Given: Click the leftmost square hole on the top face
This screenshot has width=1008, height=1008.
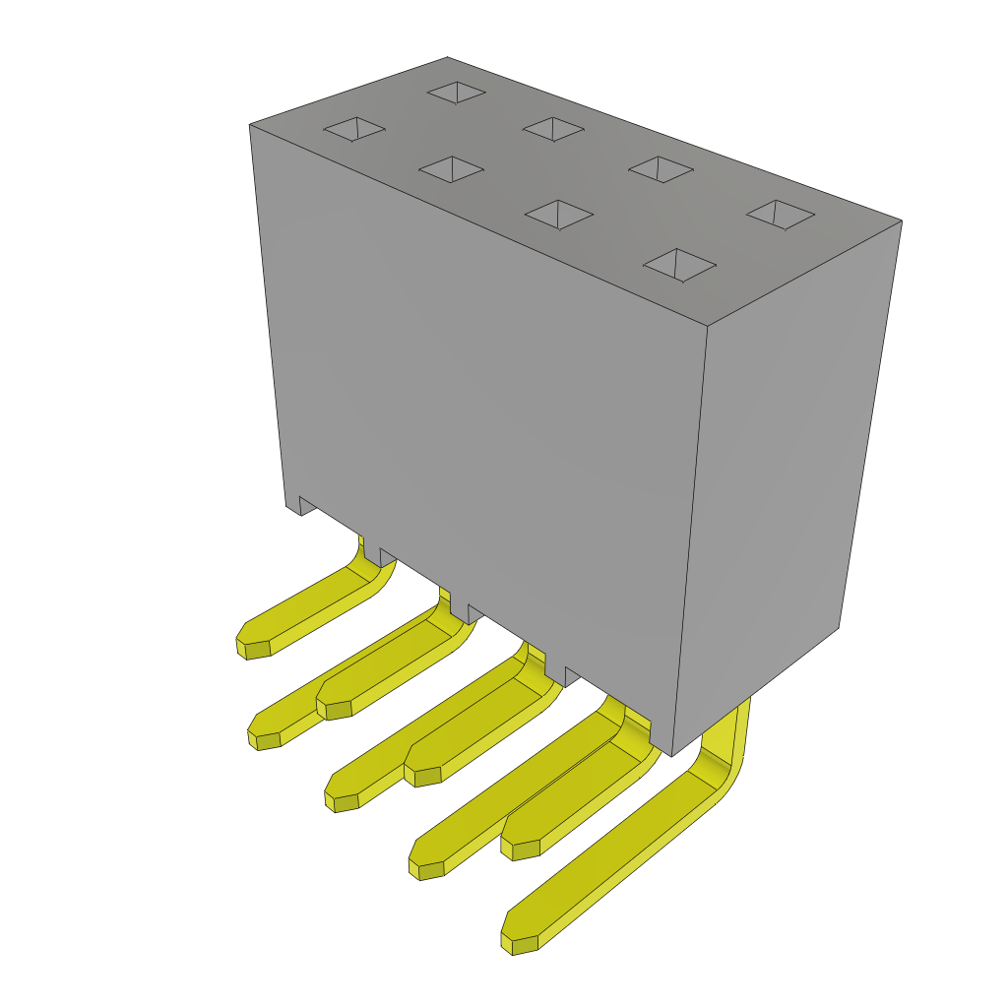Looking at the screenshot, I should point(354,129).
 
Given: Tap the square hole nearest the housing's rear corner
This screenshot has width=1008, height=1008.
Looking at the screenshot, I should point(457,93).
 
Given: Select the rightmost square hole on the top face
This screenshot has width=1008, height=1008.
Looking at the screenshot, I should point(781,214).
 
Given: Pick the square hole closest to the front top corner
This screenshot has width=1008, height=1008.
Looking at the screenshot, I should point(679,265).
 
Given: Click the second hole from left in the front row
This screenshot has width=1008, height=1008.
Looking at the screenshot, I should point(451,169).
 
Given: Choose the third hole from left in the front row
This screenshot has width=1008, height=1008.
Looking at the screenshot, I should point(559,214).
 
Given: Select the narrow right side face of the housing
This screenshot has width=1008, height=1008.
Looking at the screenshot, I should point(778,472).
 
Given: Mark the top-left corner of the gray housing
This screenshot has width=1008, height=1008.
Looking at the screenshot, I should point(250,125).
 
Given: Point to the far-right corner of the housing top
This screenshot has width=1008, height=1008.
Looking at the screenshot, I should point(901,220).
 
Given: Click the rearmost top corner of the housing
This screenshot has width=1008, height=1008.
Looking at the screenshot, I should point(448,58).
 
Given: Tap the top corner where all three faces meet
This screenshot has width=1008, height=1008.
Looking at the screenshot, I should point(708,326).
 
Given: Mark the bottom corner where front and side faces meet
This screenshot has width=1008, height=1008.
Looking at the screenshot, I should point(671,756).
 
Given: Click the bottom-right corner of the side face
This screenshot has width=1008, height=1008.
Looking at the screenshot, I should point(838,628).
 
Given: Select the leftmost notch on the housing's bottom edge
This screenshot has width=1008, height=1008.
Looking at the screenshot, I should point(307,506).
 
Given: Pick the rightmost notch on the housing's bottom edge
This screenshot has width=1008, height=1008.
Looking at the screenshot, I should point(573,675).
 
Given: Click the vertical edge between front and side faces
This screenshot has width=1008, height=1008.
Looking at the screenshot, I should point(690,541).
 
